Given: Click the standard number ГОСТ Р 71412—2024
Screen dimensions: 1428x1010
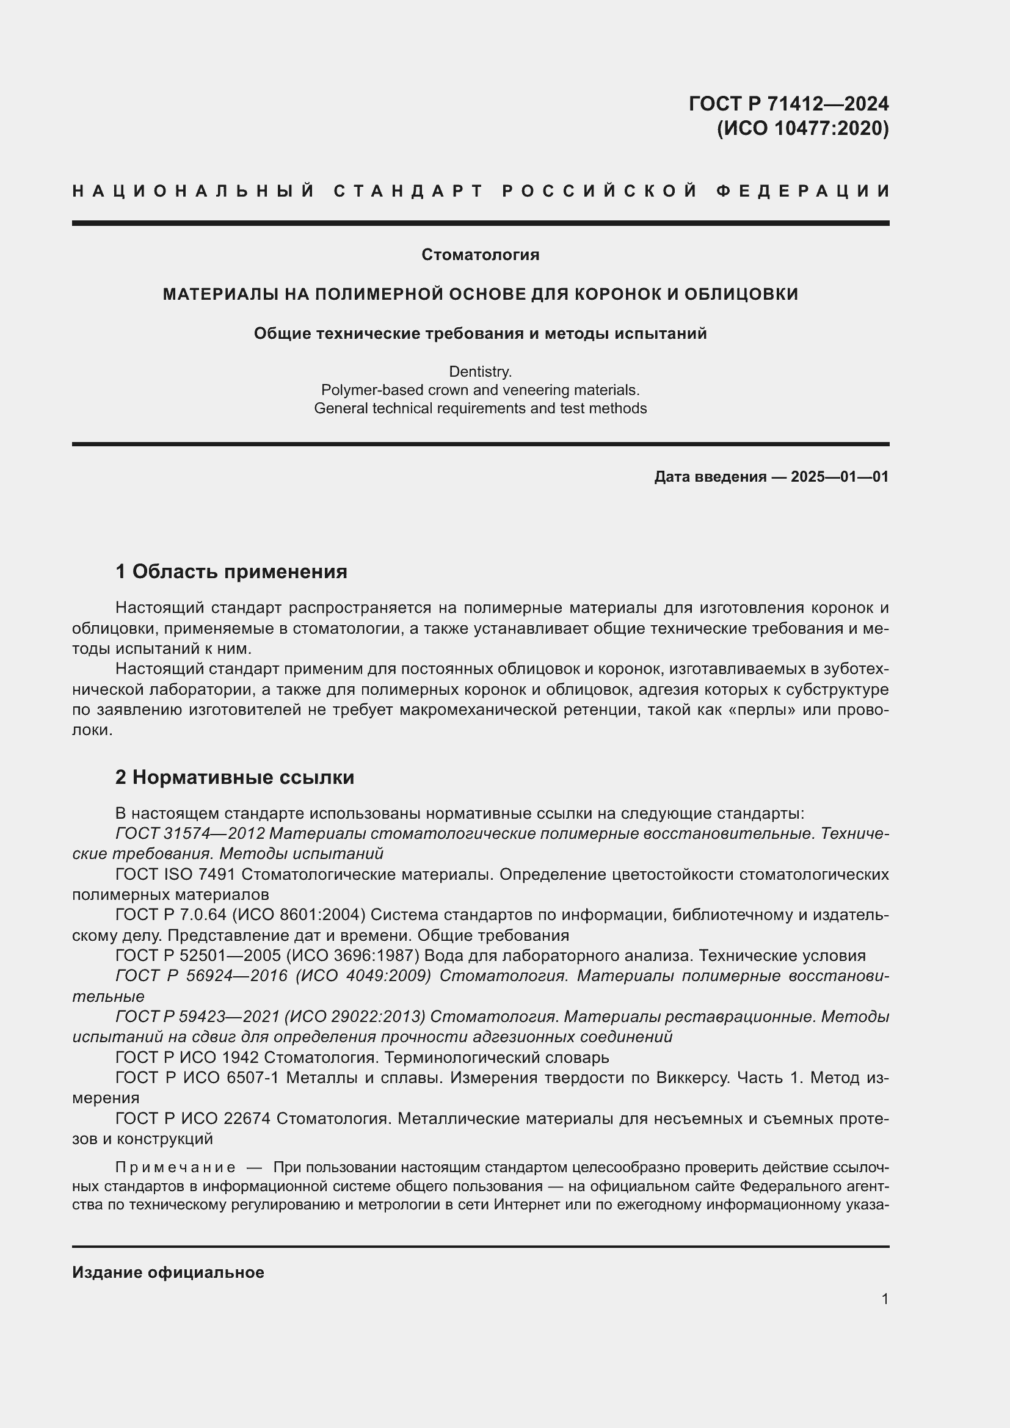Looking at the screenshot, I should pos(788,103).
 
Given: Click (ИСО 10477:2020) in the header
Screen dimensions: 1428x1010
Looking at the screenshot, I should pos(802,128).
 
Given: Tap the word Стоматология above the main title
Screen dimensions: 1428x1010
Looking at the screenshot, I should pos(480,255).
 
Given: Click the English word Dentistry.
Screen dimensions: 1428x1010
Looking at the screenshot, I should pos(480,372).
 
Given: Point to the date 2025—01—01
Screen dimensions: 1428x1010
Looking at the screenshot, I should pos(840,477).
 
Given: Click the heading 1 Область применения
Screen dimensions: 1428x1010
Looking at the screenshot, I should pos(231,571).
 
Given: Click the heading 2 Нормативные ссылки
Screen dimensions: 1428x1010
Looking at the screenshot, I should pos(234,777).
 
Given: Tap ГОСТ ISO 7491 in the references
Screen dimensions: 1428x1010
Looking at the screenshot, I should pos(175,874).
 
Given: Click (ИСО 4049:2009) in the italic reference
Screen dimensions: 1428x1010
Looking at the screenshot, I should pos(363,976).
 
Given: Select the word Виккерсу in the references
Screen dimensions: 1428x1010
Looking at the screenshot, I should pos(692,1077).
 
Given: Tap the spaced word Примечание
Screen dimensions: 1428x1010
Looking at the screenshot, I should pos(175,1167).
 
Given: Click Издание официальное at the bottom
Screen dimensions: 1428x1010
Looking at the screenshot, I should pos(168,1272).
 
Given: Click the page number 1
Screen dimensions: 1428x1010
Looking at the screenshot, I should pos(885,1299).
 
